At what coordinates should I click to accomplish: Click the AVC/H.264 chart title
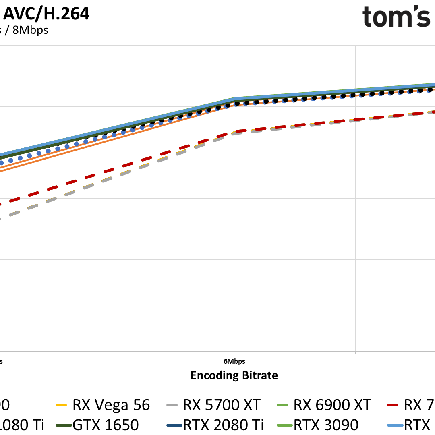tap(46, 14)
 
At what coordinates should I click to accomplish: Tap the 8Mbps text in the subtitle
tap(30, 30)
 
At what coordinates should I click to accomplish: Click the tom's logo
tap(397, 17)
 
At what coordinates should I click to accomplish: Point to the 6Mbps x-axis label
tap(234, 361)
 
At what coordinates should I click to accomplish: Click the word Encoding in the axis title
tap(214, 375)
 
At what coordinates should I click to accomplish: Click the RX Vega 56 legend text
tap(111, 405)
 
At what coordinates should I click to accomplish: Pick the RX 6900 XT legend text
tap(332, 405)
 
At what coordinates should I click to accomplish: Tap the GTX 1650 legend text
tap(106, 425)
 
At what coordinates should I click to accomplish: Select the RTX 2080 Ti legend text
tap(224, 425)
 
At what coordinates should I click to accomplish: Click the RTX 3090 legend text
tap(326, 425)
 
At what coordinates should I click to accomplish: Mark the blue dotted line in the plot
tap(48, 151)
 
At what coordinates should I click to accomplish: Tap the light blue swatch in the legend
tap(394, 425)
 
